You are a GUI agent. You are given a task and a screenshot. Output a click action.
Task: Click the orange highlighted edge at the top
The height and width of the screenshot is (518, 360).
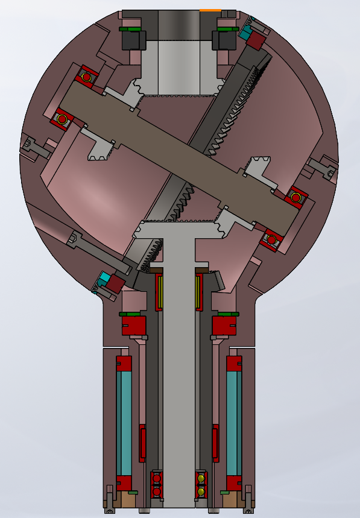tap(210, 10)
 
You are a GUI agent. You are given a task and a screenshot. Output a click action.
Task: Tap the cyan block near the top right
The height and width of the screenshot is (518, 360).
tap(245, 33)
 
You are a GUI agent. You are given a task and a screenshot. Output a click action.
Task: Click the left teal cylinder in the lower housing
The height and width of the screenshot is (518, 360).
tap(124, 423)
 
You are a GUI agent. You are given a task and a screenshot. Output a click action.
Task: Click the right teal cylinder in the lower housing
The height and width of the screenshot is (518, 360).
tap(234, 423)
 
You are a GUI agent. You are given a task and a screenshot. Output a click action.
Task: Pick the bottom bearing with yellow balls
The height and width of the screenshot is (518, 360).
tap(201, 485)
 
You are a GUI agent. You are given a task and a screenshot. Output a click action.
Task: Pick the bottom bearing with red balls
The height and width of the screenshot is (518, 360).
tap(157, 485)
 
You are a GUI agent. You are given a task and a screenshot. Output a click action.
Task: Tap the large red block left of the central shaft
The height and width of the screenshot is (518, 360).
tap(134, 326)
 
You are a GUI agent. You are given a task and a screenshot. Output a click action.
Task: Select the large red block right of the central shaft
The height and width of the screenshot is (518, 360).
tap(224, 326)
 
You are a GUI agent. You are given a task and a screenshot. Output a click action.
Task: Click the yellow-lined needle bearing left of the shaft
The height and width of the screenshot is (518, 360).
tap(160, 292)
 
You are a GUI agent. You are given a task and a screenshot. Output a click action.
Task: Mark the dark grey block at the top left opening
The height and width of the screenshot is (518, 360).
tap(134, 40)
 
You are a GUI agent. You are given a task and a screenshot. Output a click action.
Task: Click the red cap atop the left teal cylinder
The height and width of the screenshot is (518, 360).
tap(124, 363)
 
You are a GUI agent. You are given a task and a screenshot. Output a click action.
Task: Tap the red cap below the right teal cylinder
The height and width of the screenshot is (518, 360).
tap(234, 483)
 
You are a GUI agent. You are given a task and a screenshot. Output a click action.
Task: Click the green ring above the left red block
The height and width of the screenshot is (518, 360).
tap(130, 314)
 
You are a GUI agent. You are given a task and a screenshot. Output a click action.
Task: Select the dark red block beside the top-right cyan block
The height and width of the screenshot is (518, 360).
tap(257, 40)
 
